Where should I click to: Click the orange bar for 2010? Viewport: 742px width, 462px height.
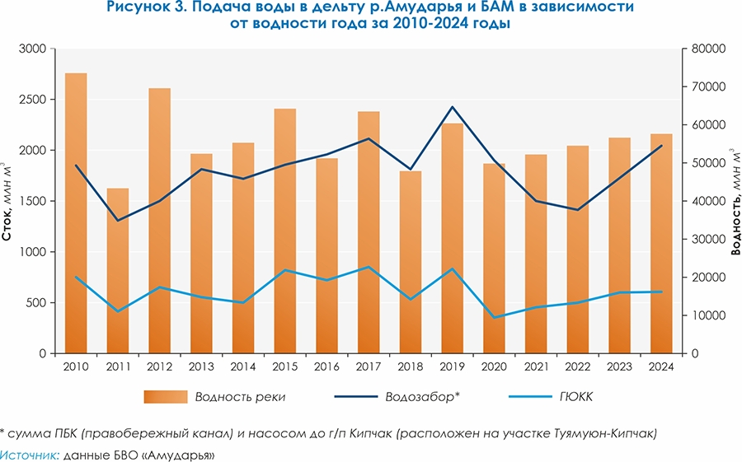click(x=76, y=214)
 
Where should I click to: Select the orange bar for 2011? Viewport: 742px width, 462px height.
click(x=118, y=272)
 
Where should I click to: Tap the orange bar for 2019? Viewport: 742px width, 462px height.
click(x=453, y=239)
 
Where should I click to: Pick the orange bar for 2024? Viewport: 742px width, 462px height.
click(x=662, y=244)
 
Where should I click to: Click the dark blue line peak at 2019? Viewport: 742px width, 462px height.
click(x=453, y=107)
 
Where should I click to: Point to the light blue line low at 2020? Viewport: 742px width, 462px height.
click(x=495, y=317)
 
